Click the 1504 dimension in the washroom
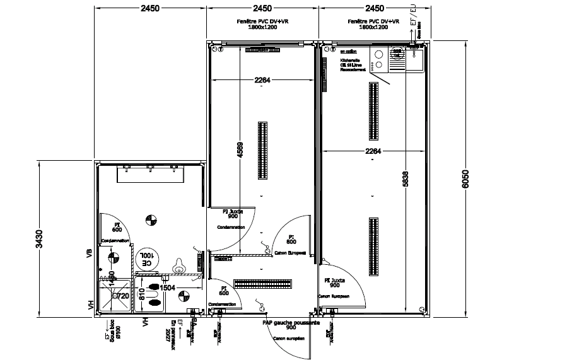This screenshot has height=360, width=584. coord(166,287)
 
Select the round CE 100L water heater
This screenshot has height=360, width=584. coord(147,258)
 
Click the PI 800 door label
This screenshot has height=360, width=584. coord(291,238)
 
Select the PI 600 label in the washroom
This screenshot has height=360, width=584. coord(117,227)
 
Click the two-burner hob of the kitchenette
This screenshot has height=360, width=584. coord(379,59)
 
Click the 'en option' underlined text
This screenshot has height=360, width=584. coord(347,50)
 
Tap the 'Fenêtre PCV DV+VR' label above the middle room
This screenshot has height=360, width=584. coord(262,21)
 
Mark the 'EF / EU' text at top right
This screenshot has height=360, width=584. coord(413,15)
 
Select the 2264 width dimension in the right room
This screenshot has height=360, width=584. coord(374,150)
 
